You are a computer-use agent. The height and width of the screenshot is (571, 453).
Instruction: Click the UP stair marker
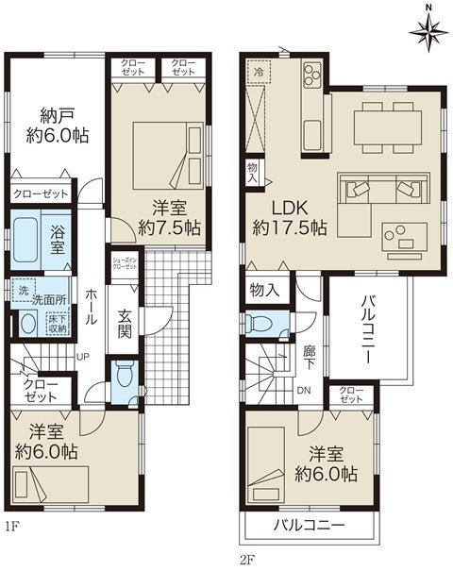[82, 356]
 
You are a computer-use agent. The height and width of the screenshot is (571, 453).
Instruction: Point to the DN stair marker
[304, 391]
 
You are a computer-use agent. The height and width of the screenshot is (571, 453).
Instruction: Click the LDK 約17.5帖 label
[289, 217]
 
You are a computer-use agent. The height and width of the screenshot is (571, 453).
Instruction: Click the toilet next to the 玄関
[123, 376]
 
